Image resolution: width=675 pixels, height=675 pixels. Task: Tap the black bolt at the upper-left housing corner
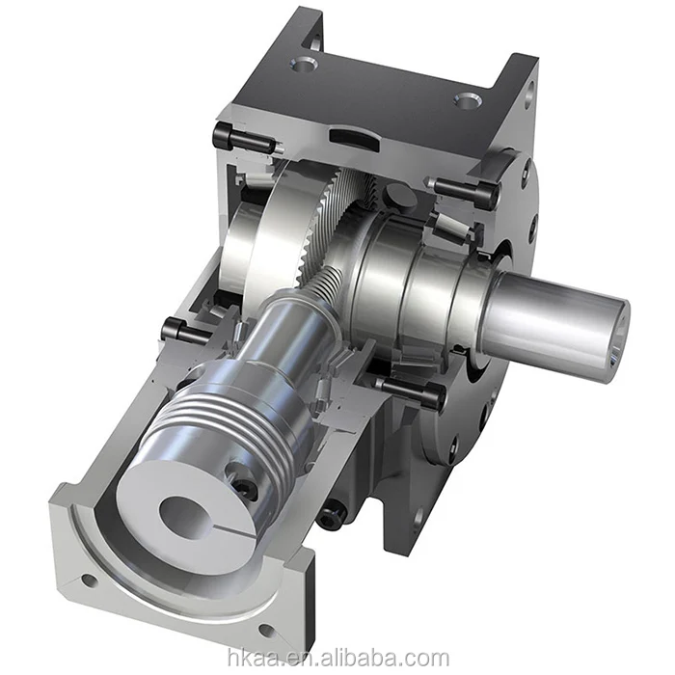(231, 137)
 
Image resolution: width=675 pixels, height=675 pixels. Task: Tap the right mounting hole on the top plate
(467, 98)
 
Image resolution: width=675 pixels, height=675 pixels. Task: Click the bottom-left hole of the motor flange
(88, 581)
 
